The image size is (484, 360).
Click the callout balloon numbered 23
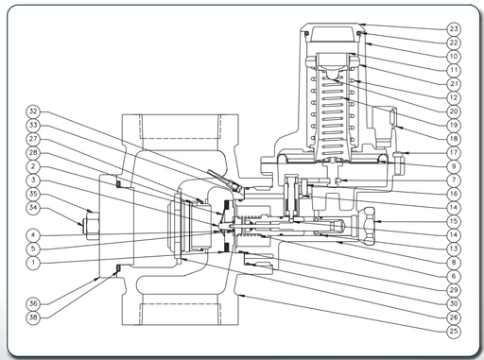pyautogui.click(x=454, y=29)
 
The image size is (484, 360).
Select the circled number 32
pyautogui.click(x=33, y=111)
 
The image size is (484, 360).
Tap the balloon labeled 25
pyautogui.click(x=454, y=331)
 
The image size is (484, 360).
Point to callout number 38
pyautogui.click(x=33, y=317)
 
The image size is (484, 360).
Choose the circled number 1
pyautogui.click(x=33, y=263)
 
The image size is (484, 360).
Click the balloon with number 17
pyautogui.click(x=454, y=152)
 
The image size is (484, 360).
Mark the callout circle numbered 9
pyautogui.click(x=454, y=166)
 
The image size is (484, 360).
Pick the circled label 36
pyautogui.click(x=33, y=303)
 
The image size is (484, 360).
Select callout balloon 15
pyautogui.click(x=454, y=221)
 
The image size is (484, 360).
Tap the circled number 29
pyautogui.click(x=454, y=290)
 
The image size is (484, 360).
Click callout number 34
pyautogui.click(x=33, y=207)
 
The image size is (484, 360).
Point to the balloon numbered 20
pyautogui.click(x=454, y=111)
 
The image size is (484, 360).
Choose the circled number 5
pyautogui.click(x=33, y=249)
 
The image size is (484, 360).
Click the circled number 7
pyautogui.click(x=454, y=180)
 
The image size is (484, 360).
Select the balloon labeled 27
pyautogui.click(x=33, y=139)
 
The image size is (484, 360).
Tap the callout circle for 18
pyautogui.click(x=454, y=139)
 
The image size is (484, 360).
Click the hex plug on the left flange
pyautogui.click(x=91, y=225)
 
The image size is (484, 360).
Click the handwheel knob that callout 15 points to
pyautogui.click(x=365, y=225)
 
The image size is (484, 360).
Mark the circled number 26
pyautogui.click(x=454, y=317)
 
